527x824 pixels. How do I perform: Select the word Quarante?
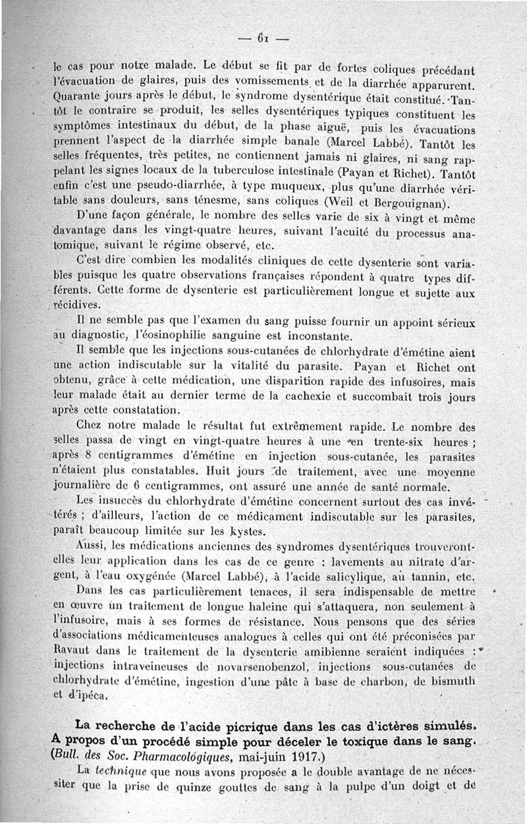click(74, 97)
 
